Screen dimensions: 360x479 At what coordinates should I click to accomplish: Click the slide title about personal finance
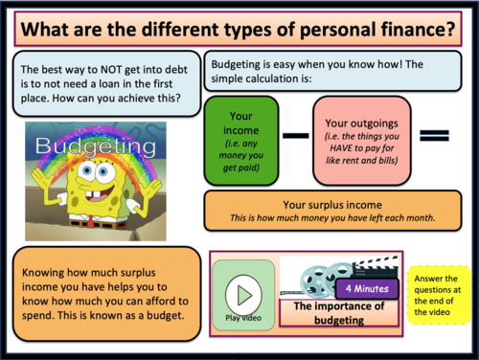(239, 28)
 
